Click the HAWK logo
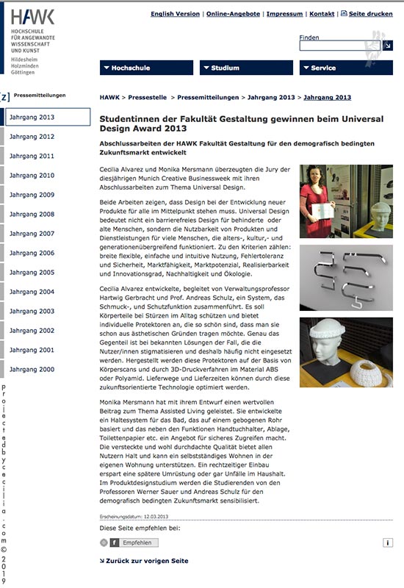pyautogui.click(x=32, y=17)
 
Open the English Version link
pyautogui.click(x=175, y=14)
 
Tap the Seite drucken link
pyautogui.click(x=367, y=14)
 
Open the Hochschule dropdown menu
pyautogui.click(x=146, y=68)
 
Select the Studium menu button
pyautogui.click(x=246, y=68)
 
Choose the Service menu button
pyautogui.click(x=346, y=68)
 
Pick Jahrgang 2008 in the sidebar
pyautogui.click(x=32, y=214)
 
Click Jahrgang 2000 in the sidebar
pyautogui.click(x=32, y=370)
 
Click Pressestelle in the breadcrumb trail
pyautogui.click(x=148, y=98)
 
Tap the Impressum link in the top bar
pyautogui.click(x=284, y=14)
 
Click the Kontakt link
pyautogui.click(x=322, y=14)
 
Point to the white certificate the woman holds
pyautogui.click(x=322, y=211)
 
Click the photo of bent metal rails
pyautogui.click(x=346, y=278)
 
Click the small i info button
pyautogui.click(x=388, y=542)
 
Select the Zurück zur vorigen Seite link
pyautogui.click(x=144, y=561)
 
